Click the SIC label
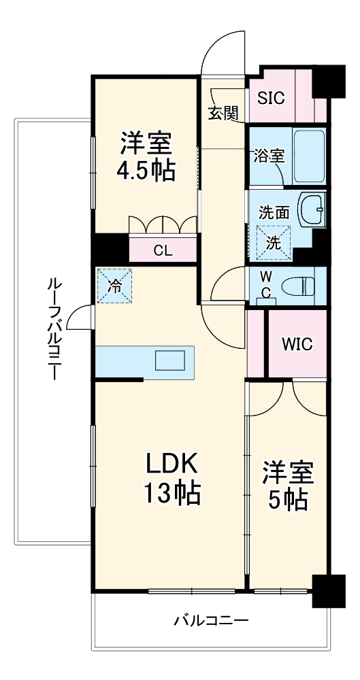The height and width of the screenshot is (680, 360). tap(271, 97)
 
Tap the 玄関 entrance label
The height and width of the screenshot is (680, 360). tap(223, 114)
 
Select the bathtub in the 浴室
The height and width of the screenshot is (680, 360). tap(310, 156)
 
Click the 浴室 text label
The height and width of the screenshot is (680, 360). tap(268, 155)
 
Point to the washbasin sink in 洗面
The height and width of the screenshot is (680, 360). tap(314, 209)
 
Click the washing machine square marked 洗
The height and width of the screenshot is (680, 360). tap(272, 243)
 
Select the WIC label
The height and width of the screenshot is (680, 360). tap(297, 344)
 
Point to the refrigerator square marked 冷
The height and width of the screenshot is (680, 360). tap(115, 286)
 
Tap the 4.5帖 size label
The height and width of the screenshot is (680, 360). tap(146, 171)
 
